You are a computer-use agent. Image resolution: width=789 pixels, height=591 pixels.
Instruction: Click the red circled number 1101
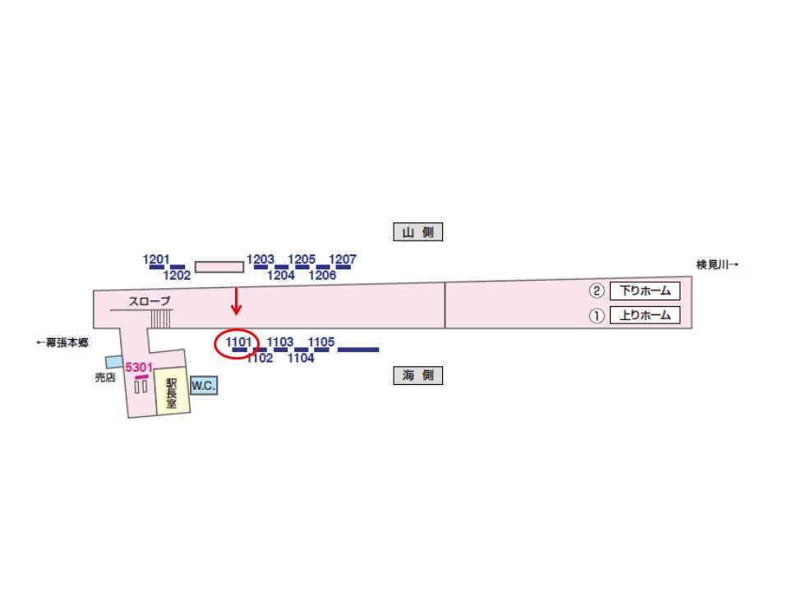pyautogui.click(x=237, y=343)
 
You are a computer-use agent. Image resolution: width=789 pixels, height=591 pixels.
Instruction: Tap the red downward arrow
pyautogui.click(x=237, y=301)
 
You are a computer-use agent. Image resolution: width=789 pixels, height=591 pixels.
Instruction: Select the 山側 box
pyautogui.click(x=418, y=232)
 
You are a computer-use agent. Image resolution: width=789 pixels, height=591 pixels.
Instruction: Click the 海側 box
pyautogui.click(x=418, y=376)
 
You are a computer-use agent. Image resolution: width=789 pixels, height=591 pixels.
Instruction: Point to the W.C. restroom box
pyautogui.click(x=204, y=385)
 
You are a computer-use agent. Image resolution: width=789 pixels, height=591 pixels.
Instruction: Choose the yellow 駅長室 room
pyautogui.click(x=173, y=392)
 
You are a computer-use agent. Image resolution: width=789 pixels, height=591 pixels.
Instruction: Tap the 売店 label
pyautogui.click(x=104, y=378)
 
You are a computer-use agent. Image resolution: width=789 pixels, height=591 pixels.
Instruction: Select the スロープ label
pyautogui.click(x=150, y=301)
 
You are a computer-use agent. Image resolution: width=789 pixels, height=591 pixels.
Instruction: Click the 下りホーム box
pyautogui.click(x=645, y=291)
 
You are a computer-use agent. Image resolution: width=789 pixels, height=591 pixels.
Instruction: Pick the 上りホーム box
pyautogui.click(x=645, y=315)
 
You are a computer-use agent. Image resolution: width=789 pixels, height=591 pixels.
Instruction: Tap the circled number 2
pyautogui.click(x=597, y=291)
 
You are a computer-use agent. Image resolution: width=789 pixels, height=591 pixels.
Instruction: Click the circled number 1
pyautogui.click(x=597, y=315)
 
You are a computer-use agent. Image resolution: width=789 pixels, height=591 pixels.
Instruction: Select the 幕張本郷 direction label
pyautogui.click(x=62, y=342)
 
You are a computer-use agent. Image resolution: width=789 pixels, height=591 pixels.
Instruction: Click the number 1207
pyautogui.click(x=343, y=260)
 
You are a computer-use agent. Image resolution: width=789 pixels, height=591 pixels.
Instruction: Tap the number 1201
pyautogui.click(x=156, y=260)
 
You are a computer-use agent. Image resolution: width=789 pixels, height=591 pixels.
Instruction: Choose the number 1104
pyautogui.click(x=301, y=358)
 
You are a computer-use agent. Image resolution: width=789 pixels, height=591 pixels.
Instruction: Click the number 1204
pyautogui.click(x=282, y=276)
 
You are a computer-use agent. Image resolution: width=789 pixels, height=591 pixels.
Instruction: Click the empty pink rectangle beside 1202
pyautogui.click(x=219, y=267)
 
